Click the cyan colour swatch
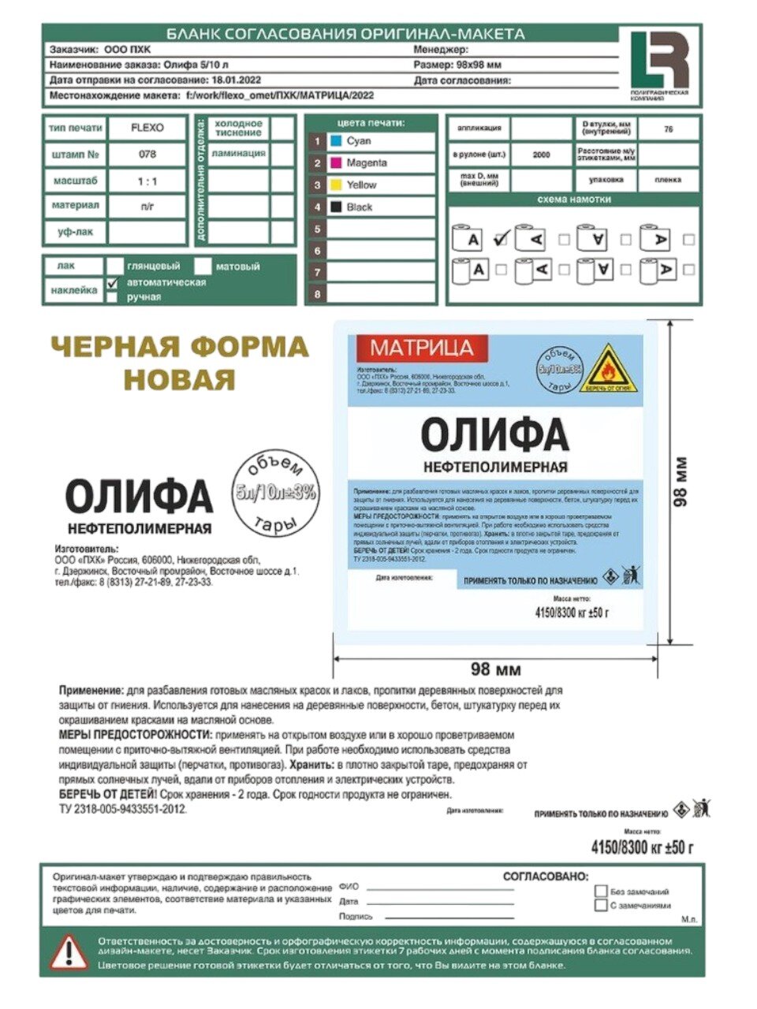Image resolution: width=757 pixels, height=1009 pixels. (x=336, y=141)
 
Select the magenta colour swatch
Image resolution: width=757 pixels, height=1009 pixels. (x=336, y=163)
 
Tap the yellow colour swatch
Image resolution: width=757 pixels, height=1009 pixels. (x=336, y=185)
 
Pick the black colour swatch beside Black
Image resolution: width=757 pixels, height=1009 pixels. (x=336, y=207)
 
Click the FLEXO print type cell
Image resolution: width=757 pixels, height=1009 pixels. (x=147, y=128)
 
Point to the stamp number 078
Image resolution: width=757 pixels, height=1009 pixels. (x=147, y=155)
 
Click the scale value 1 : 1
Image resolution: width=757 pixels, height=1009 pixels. (x=147, y=181)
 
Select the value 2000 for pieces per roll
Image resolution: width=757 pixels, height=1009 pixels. (x=541, y=155)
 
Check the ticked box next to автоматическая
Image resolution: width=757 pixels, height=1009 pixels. (x=113, y=283)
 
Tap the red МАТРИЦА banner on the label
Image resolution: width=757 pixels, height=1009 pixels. (x=422, y=348)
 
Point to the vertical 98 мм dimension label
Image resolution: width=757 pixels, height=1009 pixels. (x=681, y=481)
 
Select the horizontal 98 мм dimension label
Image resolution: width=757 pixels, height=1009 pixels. (x=495, y=669)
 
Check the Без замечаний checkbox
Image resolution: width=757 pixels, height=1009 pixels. (x=602, y=892)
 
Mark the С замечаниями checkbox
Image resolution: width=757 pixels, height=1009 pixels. (x=602, y=906)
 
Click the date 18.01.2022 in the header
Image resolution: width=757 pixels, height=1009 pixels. (x=237, y=80)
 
